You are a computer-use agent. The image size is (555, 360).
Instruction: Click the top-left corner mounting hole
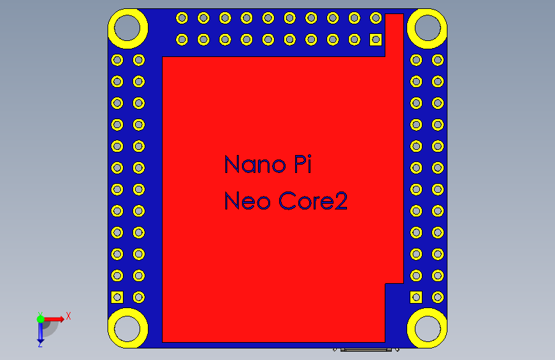[x=128, y=28]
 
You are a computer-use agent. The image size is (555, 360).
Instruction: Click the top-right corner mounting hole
[x=426, y=28]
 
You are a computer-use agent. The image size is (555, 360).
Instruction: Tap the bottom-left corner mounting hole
[x=128, y=328]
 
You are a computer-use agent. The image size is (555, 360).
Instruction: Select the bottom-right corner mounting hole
[x=426, y=328]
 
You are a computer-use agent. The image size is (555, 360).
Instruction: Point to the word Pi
[x=303, y=165]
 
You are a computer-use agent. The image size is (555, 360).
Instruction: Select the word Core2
[x=314, y=202]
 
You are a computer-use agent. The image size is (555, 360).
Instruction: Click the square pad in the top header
[x=376, y=40]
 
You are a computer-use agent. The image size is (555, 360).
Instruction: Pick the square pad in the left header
[x=117, y=297]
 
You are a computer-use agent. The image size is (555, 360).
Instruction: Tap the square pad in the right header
[x=416, y=297]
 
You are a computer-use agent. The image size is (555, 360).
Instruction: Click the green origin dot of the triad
[x=40, y=318]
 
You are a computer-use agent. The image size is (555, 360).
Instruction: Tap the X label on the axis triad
[x=68, y=316]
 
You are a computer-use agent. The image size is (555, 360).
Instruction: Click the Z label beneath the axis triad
[x=40, y=345]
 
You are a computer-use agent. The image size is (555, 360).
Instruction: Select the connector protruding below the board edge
[x=366, y=350]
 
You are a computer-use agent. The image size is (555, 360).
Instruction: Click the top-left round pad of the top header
[x=182, y=18]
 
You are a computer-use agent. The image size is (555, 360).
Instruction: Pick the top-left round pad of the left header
[x=117, y=60]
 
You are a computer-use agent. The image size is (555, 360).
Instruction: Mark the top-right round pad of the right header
[x=438, y=60]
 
